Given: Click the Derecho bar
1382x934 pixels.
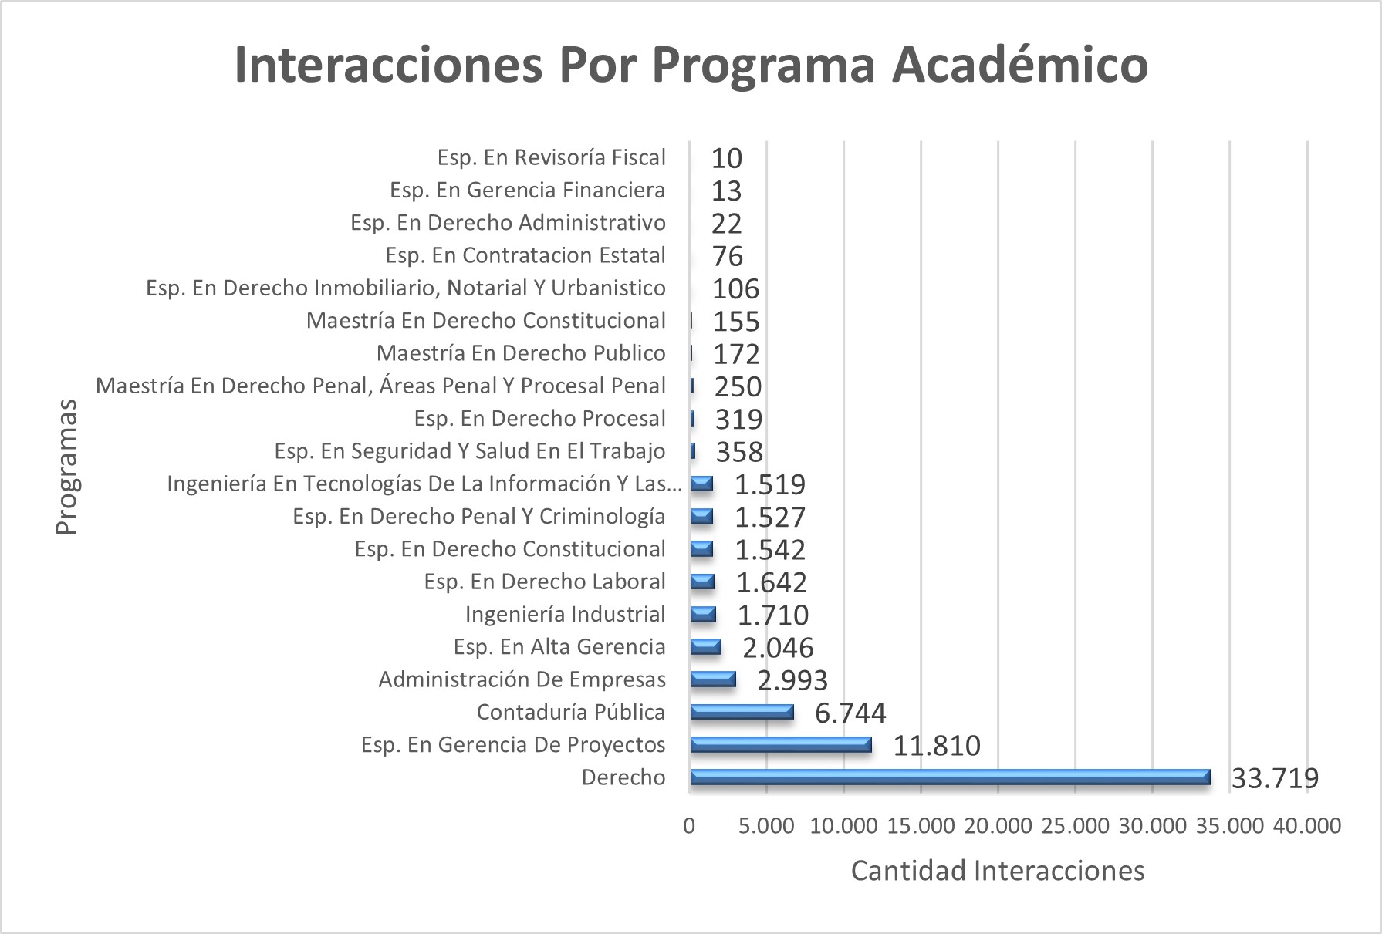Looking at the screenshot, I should (x=950, y=777).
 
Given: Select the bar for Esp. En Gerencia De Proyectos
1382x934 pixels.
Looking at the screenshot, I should (x=781, y=744).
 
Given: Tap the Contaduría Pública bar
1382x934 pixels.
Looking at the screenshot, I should (x=742, y=712).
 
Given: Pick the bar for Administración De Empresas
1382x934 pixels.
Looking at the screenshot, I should (x=713, y=679).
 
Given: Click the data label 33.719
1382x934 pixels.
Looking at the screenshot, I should (x=1275, y=778).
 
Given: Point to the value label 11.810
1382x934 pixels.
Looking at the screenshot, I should (x=937, y=746).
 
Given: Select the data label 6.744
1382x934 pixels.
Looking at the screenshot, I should (x=850, y=713).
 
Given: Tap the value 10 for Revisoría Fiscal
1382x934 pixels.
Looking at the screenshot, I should (x=726, y=158).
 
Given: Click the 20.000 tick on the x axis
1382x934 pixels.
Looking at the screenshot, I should (x=998, y=826).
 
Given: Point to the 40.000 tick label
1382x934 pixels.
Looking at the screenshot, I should (x=1306, y=826).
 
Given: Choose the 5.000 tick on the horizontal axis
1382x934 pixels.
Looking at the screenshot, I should (x=766, y=826).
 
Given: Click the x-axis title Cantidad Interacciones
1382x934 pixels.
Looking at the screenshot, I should (x=998, y=871).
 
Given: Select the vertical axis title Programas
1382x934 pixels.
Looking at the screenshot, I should (x=66, y=467).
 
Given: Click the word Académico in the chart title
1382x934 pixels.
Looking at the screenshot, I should (x=1020, y=65).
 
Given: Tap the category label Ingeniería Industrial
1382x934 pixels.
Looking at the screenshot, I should (x=565, y=615).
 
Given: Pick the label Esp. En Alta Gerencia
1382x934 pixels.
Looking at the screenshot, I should (x=559, y=647).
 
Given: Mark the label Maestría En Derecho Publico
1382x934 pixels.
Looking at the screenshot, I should (x=521, y=353).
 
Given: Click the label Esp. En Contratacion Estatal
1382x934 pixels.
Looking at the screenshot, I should (x=525, y=255).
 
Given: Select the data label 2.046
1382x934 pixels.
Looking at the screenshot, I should (x=778, y=648).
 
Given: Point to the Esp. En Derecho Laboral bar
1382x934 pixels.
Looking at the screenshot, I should (x=702, y=582).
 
